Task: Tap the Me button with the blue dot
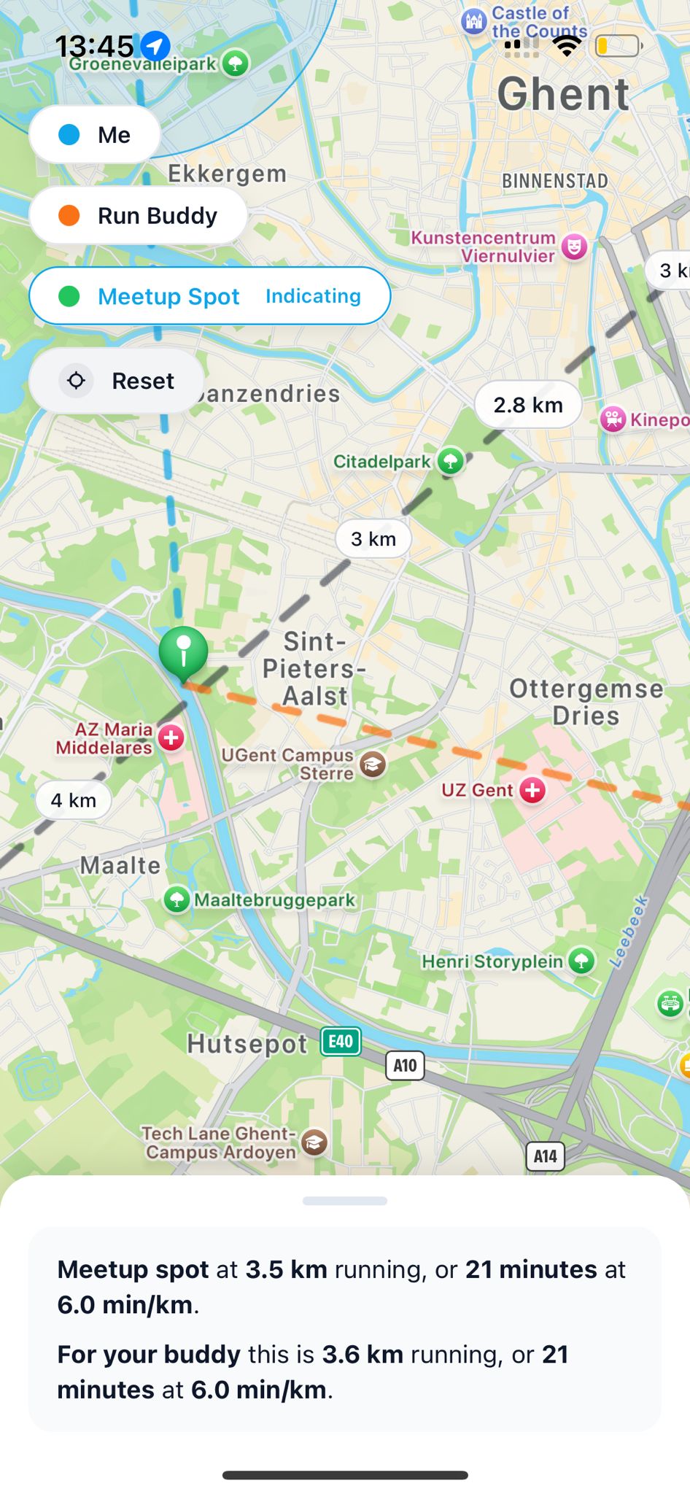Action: point(95,135)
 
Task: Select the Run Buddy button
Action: point(139,216)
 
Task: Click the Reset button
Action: point(117,381)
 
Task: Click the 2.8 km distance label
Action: point(528,405)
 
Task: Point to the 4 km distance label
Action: point(74,800)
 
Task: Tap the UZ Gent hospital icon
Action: point(532,790)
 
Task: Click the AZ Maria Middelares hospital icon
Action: point(171,738)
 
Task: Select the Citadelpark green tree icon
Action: point(451,461)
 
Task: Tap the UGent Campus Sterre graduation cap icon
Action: point(373,764)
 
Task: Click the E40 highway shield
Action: point(341,1041)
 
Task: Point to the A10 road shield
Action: point(405,1065)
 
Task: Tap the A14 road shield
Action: point(545,1156)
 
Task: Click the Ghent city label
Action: point(563,95)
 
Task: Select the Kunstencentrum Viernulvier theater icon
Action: point(575,247)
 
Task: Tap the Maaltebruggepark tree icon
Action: point(177,899)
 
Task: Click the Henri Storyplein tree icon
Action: point(581,961)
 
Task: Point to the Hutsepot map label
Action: point(247,1044)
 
